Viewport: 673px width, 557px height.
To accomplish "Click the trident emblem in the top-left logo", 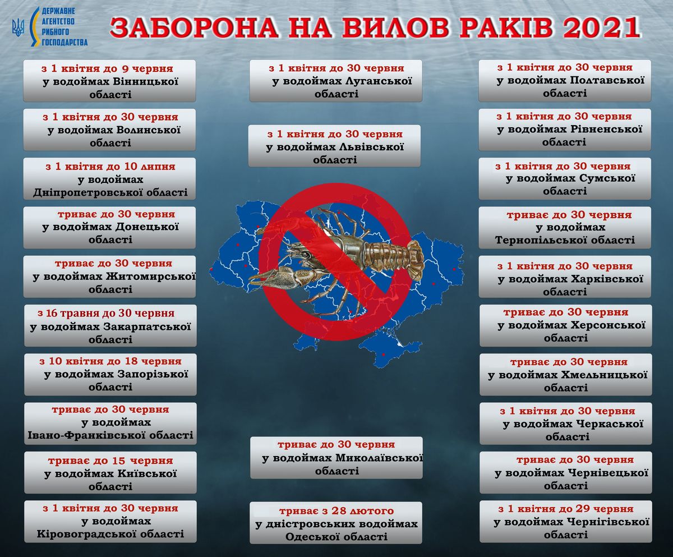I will pyautogui.click(x=18, y=26).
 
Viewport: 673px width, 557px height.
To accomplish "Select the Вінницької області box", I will pyautogui.click(x=110, y=81).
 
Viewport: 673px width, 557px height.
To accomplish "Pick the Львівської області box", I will pyautogui.click(x=334, y=146).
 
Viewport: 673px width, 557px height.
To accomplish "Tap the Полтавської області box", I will pyautogui.click(x=565, y=81).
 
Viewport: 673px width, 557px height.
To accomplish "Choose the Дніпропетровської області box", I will pyautogui.click(x=110, y=179).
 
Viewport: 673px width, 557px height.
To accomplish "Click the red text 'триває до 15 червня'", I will pyautogui.click(x=110, y=461).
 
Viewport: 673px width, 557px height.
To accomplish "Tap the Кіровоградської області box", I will pyautogui.click(x=110, y=521).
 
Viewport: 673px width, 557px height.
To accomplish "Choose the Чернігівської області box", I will pyautogui.click(x=565, y=521).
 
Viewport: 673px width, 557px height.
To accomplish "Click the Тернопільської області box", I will pyautogui.click(x=565, y=228).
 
